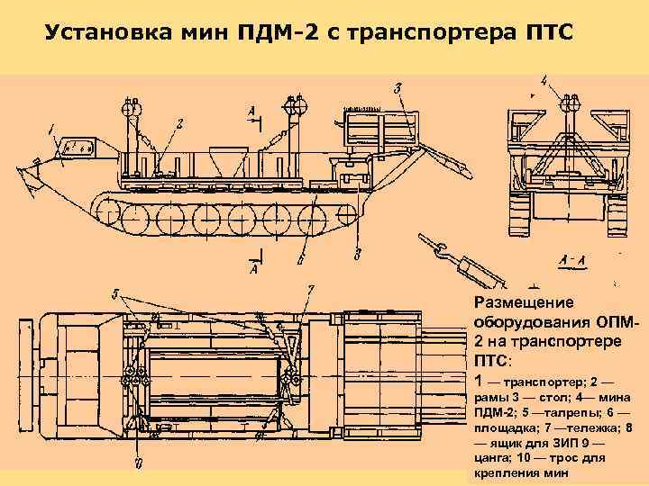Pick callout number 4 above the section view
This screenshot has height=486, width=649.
click(x=544, y=80)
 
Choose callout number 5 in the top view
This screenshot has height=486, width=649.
click(x=114, y=293)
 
